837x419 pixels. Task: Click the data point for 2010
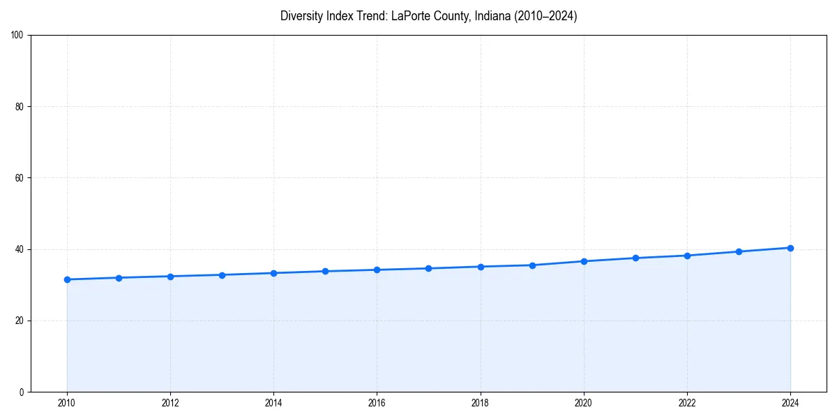(x=67, y=279)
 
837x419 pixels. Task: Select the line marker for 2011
(x=119, y=278)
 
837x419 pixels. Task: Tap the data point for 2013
(x=222, y=275)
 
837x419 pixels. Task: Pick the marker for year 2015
(x=325, y=271)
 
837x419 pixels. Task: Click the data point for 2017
(x=428, y=268)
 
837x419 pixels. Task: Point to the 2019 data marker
(x=532, y=265)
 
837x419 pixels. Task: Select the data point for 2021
(x=635, y=258)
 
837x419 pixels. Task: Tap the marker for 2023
(x=739, y=251)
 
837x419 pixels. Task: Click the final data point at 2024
(x=790, y=248)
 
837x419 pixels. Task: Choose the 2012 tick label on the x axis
(x=170, y=403)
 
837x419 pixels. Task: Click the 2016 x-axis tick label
(x=377, y=403)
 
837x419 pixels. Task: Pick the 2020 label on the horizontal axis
(x=584, y=403)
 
